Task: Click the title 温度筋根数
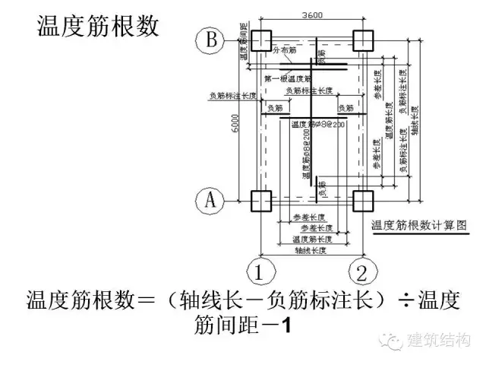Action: [99, 27]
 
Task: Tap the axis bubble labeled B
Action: [208, 39]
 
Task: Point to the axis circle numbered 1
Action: [260, 269]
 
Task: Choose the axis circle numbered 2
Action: [363, 269]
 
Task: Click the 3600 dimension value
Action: [311, 14]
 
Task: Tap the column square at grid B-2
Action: [363, 40]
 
